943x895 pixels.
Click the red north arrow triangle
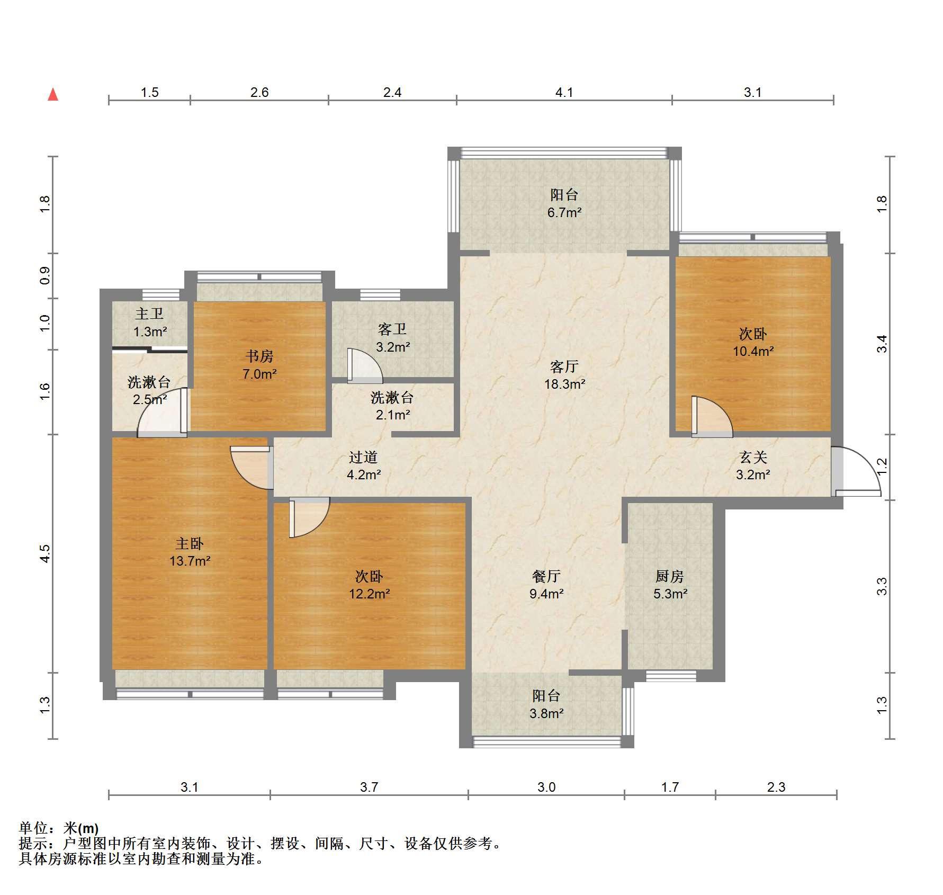pyautogui.click(x=53, y=94)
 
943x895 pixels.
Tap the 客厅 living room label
pyautogui.click(x=564, y=366)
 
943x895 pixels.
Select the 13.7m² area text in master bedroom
pyautogui.click(x=190, y=560)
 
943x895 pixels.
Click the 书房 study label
pyautogui.click(x=259, y=356)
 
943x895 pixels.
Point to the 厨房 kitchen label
pyautogui.click(x=670, y=576)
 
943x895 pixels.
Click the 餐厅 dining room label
pyautogui.click(x=546, y=576)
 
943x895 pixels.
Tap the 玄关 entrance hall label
pyautogui.click(x=753, y=457)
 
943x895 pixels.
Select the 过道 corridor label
pyautogui.click(x=363, y=457)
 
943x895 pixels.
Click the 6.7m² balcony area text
pyautogui.click(x=564, y=213)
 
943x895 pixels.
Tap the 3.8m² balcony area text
pyautogui.click(x=546, y=713)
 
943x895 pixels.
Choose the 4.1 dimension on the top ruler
pyautogui.click(x=564, y=93)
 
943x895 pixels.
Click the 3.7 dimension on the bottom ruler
pyautogui.click(x=369, y=787)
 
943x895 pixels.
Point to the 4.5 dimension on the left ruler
pyautogui.click(x=45, y=553)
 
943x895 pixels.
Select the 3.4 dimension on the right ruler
pyautogui.click(x=882, y=344)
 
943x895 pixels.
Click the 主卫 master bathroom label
pyautogui.click(x=149, y=314)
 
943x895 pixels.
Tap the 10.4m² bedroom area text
pyautogui.click(x=753, y=351)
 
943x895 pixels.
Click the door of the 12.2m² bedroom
pyautogui.click(x=309, y=517)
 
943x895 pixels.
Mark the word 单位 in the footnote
pyautogui.click(x=33, y=828)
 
